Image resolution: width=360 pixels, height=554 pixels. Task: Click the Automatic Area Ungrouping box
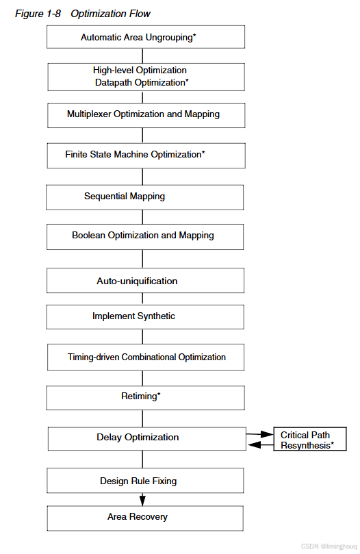pos(145,37)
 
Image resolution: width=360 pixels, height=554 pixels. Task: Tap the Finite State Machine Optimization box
pos(146,155)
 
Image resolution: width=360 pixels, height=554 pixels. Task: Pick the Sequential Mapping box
pos(144,197)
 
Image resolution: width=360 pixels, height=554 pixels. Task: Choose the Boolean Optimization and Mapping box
pos(145,236)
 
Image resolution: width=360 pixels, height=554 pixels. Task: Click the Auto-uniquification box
pos(145,281)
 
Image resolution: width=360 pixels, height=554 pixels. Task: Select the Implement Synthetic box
pos(145,316)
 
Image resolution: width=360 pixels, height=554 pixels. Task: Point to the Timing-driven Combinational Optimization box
pos(145,357)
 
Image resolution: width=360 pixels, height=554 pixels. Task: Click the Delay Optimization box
pos(145,438)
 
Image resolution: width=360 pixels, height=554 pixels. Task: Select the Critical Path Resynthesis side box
pos(309,440)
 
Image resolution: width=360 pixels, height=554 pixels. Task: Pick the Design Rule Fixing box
pos(145,481)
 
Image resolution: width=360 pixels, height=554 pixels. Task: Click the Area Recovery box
pos(145,517)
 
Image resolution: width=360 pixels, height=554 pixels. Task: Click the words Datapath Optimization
pos(142,82)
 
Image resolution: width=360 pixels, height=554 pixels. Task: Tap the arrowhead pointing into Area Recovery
pos(142,501)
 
